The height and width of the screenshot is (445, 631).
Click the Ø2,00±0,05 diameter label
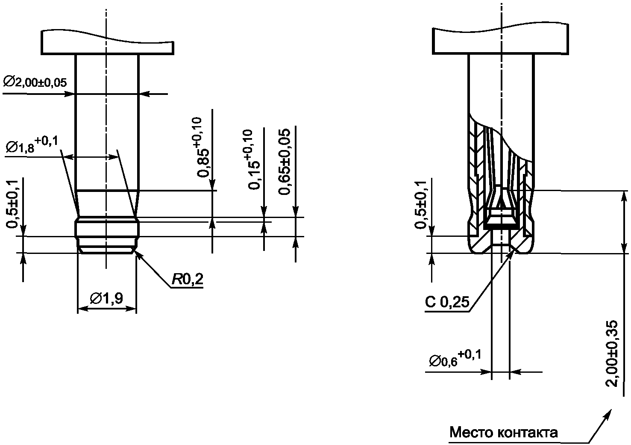[x=35, y=83]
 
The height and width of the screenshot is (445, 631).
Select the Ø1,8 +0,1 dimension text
[x=32, y=144]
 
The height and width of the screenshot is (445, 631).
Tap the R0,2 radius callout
[x=187, y=279]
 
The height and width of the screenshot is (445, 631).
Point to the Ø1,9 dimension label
[x=106, y=298]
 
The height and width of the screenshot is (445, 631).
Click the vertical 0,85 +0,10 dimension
[x=203, y=147]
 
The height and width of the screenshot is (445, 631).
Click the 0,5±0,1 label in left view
[x=12, y=204]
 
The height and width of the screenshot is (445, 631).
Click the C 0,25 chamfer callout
[x=447, y=302]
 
